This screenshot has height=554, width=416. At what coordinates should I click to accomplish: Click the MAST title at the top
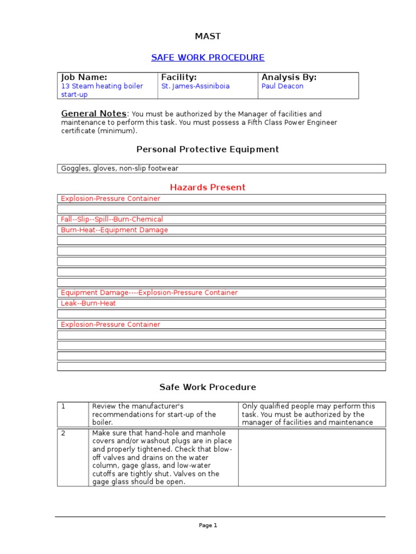click(x=208, y=36)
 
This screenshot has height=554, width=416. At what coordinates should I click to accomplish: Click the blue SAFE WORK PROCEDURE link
click(x=208, y=57)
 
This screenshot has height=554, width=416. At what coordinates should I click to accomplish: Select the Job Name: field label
click(x=84, y=77)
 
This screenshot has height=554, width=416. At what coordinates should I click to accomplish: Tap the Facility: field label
click(x=179, y=77)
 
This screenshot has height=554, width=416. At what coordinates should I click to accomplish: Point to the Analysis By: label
click(x=289, y=77)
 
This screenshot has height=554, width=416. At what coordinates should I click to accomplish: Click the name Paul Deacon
click(x=282, y=86)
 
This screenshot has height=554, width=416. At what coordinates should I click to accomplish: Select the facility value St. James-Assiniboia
click(x=195, y=86)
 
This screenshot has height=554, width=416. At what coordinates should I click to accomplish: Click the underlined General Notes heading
click(x=94, y=114)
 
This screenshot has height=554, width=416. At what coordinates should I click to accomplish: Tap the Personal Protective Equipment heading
click(x=207, y=149)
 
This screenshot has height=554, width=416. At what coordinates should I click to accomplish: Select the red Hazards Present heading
click(x=207, y=187)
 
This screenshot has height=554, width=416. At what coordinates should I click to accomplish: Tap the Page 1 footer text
click(x=208, y=525)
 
